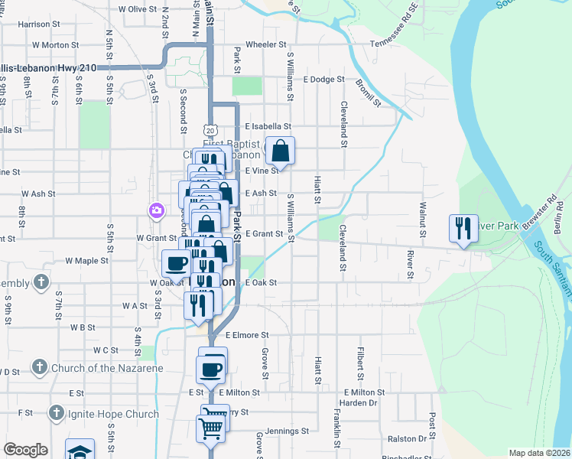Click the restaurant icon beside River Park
pos(463,228)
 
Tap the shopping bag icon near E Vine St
pos(281,151)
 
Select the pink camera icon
pos(157,210)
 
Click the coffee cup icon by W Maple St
pos(177,263)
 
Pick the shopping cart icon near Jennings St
pos(212,427)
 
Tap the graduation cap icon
pos(80,451)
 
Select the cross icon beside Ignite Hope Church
pos(56,414)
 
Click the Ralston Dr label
pos(407,439)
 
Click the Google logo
pos(25,450)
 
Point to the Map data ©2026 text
pos(538,453)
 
